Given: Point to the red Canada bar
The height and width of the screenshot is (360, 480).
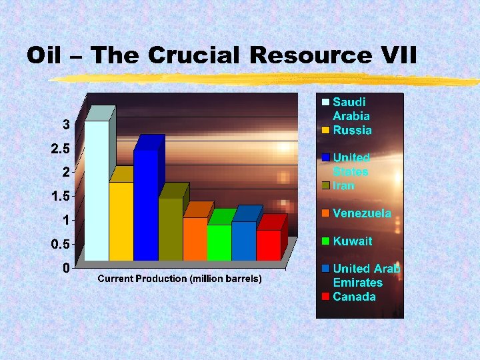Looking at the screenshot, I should (268, 245).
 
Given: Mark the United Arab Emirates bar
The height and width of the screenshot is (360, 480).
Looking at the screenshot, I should (243, 241).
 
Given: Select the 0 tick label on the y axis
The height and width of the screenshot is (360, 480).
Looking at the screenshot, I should (67, 268).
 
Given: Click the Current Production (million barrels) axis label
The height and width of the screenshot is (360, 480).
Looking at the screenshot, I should (179, 279).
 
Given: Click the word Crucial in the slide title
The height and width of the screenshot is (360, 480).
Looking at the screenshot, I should (194, 55).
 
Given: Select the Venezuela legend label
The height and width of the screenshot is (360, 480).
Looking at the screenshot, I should (362, 213).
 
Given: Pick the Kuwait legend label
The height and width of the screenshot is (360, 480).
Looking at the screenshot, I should (353, 241).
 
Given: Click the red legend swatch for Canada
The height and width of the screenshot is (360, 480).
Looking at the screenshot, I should (325, 297).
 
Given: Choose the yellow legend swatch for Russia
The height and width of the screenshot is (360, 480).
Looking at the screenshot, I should (325, 131).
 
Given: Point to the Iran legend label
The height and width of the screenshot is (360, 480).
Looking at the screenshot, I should (344, 186).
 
